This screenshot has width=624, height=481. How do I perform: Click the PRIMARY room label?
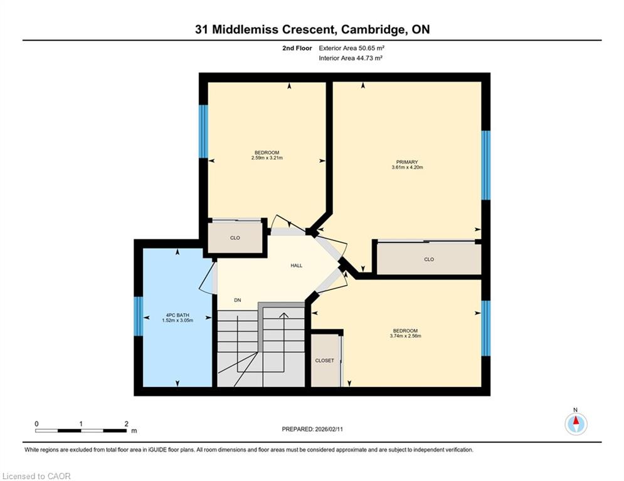click(x=407, y=162)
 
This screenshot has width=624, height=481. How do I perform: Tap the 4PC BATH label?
click(x=177, y=315)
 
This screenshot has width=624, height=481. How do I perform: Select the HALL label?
click(x=297, y=266)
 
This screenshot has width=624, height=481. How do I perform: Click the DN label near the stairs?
click(x=238, y=300)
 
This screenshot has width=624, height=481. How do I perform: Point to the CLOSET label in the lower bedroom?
click(x=324, y=361)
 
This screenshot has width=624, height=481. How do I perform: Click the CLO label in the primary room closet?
click(x=429, y=259)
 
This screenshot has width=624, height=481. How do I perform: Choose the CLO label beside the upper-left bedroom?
click(x=235, y=238)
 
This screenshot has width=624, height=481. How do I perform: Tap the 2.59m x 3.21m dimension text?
click(x=267, y=158)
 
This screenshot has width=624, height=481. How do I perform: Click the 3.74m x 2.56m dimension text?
click(x=406, y=336)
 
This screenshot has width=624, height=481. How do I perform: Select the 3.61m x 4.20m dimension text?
click(x=407, y=167)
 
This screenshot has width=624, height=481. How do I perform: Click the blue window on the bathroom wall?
click(x=138, y=316)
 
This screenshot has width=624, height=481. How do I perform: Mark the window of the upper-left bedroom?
click(x=203, y=132)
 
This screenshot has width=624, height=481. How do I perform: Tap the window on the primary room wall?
click(x=485, y=165)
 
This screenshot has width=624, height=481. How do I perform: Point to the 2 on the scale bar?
click(x=127, y=424)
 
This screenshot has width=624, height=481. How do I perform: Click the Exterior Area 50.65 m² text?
click(x=351, y=48)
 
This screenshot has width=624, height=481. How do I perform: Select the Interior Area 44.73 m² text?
click(x=351, y=58)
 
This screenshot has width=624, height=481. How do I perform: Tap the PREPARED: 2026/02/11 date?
click(x=312, y=429)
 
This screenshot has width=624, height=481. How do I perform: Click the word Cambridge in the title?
click(x=372, y=29)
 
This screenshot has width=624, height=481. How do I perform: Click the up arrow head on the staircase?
click(x=283, y=316)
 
